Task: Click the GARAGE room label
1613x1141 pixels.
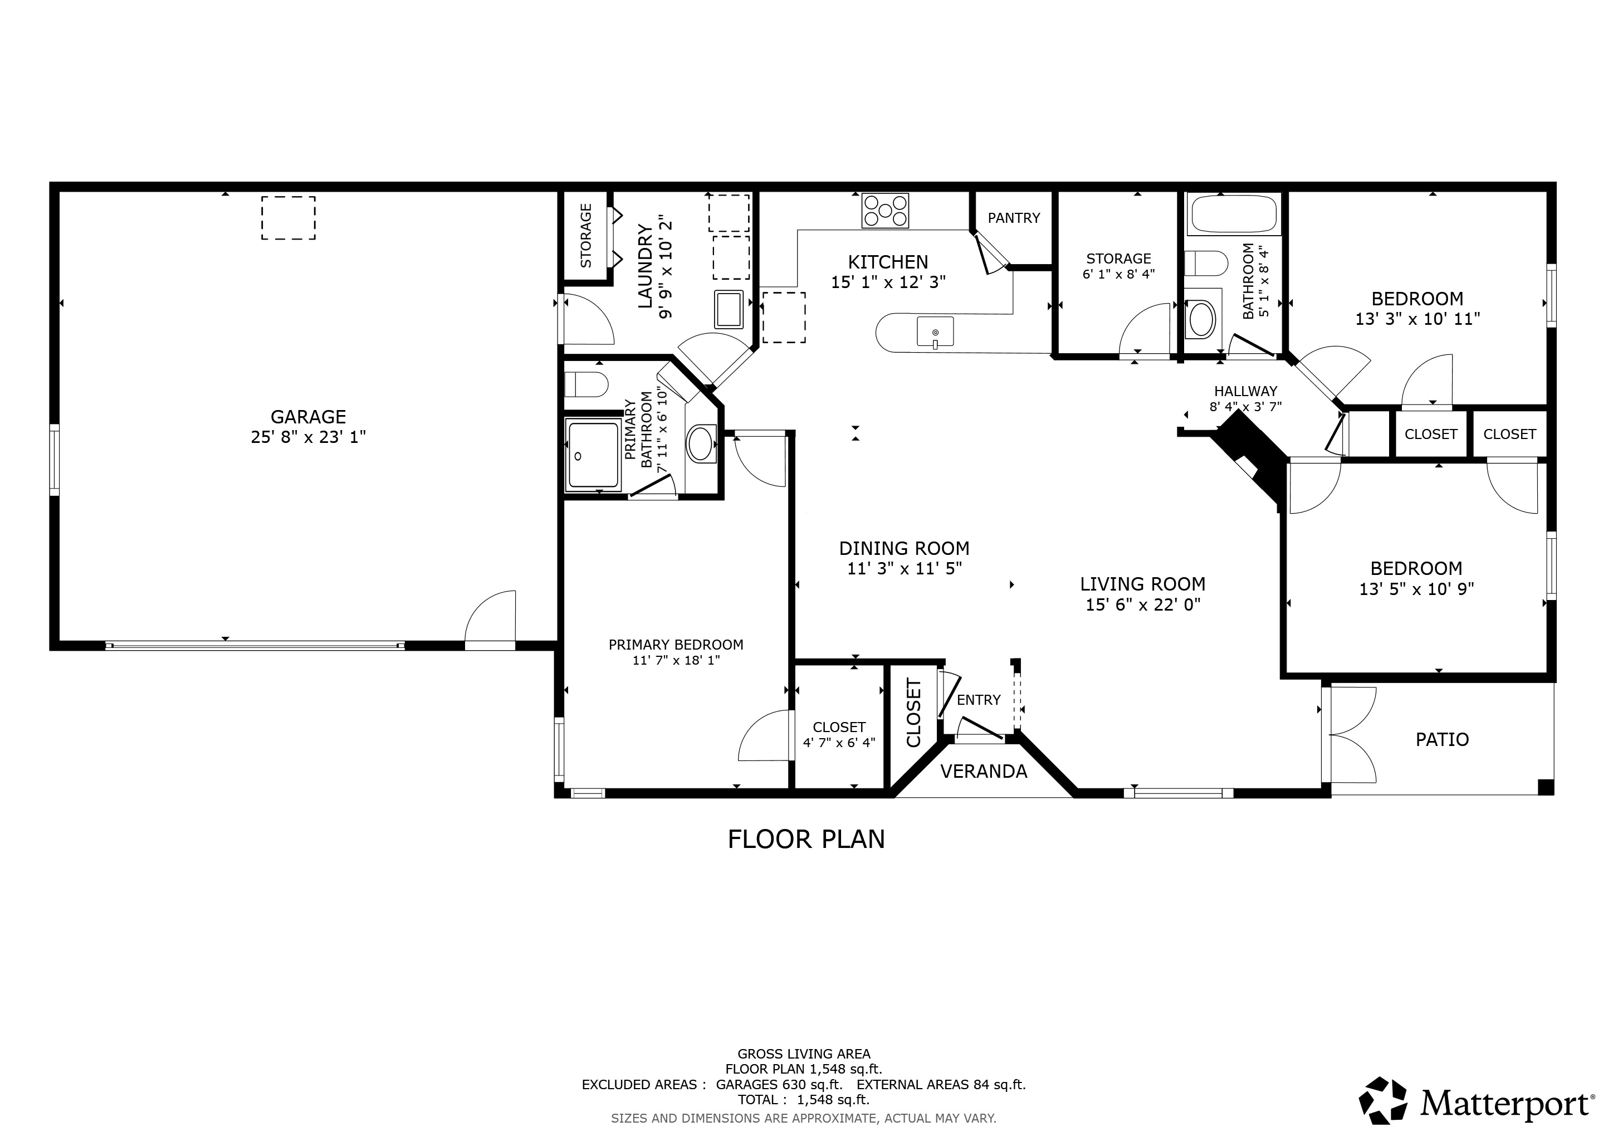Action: tap(309, 417)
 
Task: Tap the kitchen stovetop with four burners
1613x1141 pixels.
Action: tap(885, 210)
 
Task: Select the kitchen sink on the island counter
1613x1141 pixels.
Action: tap(935, 331)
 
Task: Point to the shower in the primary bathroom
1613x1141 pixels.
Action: tap(594, 455)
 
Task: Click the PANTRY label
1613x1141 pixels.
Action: tap(1014, 218)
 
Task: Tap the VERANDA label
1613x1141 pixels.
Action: tap(984, 772)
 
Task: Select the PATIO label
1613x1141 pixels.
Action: tap(1442, 739)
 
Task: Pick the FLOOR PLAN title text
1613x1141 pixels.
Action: tap(806, 839)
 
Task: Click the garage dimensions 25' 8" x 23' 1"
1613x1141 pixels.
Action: tap(309, 437)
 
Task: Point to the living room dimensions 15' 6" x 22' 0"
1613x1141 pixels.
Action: tap(1143, 604)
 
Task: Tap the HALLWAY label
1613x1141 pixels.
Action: tap(1245, 391)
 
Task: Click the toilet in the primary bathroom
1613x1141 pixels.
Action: tap(586, 384)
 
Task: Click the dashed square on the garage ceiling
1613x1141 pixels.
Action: tap(289, 218)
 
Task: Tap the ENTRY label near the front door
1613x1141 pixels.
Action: tap(979, 700)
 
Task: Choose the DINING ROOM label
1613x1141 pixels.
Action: tap(904, 548)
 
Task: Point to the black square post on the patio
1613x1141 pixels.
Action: tap(1546, 787)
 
